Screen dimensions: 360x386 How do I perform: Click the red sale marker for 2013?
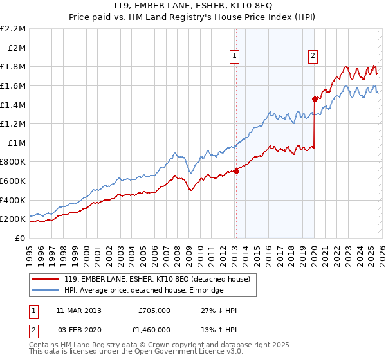(236, 170)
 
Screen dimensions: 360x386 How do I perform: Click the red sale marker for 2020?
(315, 99)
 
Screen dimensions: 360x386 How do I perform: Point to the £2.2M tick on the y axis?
(14, 29)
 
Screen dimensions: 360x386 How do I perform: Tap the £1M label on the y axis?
(17, 143)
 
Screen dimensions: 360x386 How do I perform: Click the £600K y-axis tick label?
(14, 181)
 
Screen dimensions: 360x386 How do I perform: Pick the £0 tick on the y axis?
(21, 238)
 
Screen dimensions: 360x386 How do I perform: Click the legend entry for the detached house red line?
(161, 279)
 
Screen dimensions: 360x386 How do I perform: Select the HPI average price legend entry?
(143, 291)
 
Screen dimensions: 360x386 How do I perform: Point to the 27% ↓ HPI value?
(219, 310)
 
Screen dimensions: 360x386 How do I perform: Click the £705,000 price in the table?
(154, 310)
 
